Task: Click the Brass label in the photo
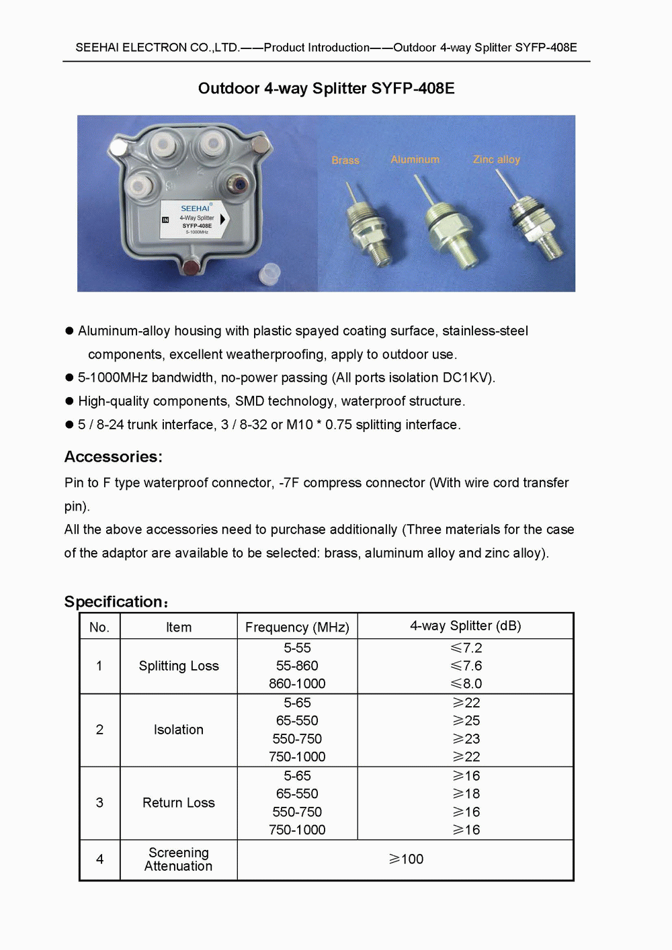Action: pos(345,161)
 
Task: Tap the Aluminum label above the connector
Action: pos(415,160)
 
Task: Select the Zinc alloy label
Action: pos(497,160)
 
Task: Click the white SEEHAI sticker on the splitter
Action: pos(195,219)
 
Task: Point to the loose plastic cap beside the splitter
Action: pos(269,273)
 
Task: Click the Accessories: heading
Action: pos(114,457)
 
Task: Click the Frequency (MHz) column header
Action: pos(297,628)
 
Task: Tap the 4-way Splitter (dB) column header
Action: pos(466,626)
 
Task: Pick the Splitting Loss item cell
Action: pos(179,666)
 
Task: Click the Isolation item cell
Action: pos(179,730)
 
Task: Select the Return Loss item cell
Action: pos(179,803)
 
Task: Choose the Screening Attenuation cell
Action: pos(179,859)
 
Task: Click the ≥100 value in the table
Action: pos(406,859)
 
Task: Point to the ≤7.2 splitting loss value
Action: pos(466,648)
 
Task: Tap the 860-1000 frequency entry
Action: pos(297,684)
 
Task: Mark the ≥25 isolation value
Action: pos(466,721)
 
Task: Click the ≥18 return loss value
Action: pos(466,794)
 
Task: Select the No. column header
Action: pos(99,628)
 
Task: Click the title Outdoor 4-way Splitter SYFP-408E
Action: pos(326,89)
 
